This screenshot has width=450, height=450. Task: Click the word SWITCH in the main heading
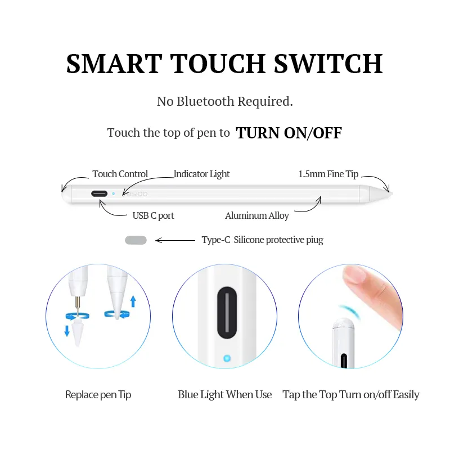click(328, 64)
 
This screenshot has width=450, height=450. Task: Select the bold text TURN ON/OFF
click(289, 133)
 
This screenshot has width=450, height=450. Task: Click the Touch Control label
click(120, 174)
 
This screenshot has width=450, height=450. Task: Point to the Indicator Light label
click(202, 174)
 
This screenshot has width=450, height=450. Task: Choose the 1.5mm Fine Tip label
click(328, 174)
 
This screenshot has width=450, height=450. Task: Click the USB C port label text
click(153, 215)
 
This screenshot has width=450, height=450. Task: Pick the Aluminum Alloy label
click(257, 215)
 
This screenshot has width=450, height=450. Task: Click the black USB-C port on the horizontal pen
click(100, 193)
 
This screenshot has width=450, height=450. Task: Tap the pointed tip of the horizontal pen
click(391, 193)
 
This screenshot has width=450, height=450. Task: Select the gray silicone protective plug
click(136, 240)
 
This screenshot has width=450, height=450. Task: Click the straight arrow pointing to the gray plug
click(175, 240)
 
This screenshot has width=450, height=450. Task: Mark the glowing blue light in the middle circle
click(227, 358)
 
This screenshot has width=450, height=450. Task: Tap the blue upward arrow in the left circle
click(133, 301)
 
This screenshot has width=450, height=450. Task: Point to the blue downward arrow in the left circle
click(67, 331)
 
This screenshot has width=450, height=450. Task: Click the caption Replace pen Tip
click(98, 395)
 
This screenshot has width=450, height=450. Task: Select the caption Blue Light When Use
click(224, 395)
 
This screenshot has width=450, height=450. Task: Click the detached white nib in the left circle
click(78, 334)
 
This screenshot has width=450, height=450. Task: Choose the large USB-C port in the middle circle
click(227, 313)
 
